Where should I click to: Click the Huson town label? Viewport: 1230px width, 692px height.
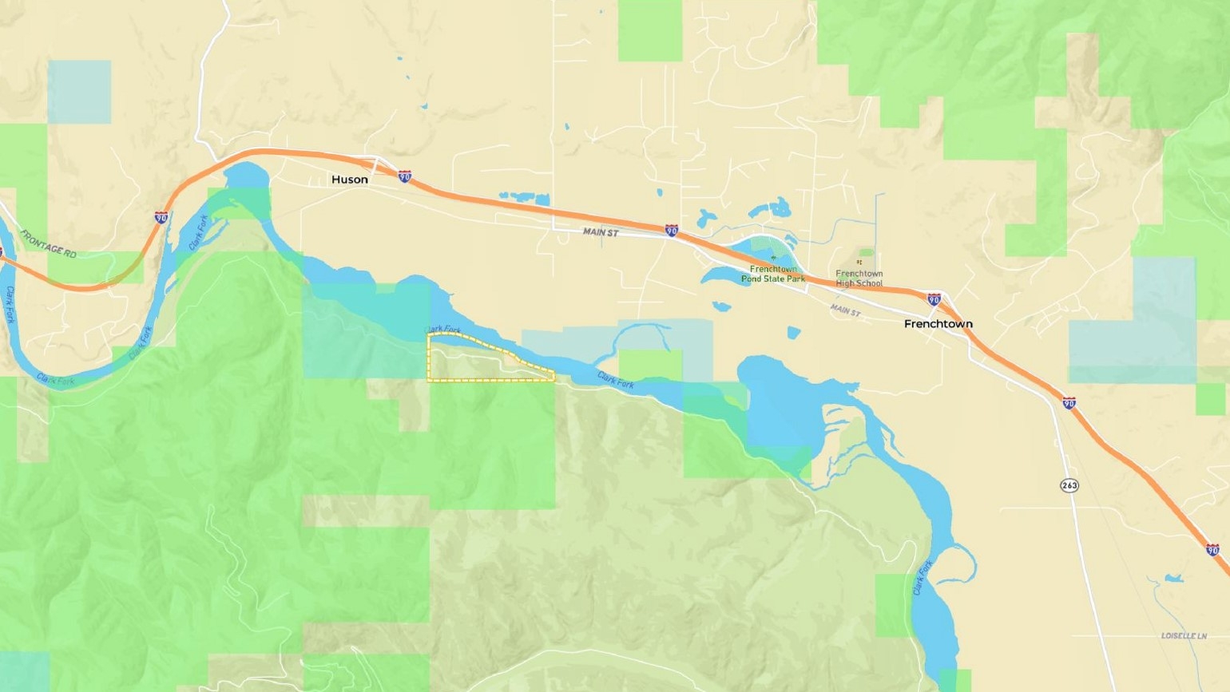click(350, 180)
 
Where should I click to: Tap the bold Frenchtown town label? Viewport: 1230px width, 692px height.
click(938, 324)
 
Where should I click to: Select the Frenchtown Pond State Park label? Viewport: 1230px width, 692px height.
click(772, 275)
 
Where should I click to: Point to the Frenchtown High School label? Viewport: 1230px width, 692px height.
click(859, 279)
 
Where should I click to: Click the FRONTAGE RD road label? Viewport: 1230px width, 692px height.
click(48, 243)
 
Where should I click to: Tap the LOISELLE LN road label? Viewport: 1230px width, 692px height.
click(1183, 636)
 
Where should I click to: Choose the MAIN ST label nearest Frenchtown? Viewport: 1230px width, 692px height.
click(845, 310)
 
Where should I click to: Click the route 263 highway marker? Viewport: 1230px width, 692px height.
click(1069, 485)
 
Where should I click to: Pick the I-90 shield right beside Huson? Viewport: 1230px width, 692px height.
click(405, 176)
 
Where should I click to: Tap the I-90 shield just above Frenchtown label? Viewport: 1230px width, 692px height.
click(933, 299)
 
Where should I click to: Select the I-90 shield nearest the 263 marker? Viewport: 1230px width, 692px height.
click(1069, 403)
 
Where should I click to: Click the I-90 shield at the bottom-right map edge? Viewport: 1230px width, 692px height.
click(1212, 550)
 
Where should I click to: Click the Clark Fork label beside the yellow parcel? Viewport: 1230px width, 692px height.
click(442, 329)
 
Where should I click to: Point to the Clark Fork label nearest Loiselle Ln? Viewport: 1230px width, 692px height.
click(922, 578)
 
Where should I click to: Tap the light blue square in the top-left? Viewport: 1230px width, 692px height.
click(79, 92)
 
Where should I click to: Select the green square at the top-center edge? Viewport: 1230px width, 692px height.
click(650, 30)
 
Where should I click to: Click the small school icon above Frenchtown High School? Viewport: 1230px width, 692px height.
click(859, 262)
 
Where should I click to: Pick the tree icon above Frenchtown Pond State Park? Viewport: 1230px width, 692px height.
click(772, 259)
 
